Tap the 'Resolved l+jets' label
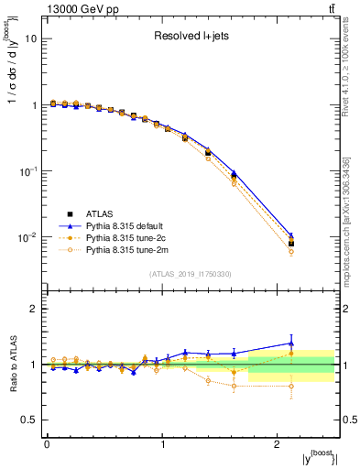point(190,37)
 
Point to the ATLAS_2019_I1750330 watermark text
point(189,274)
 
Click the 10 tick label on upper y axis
point(31,39)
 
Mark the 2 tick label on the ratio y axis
point(33,309)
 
